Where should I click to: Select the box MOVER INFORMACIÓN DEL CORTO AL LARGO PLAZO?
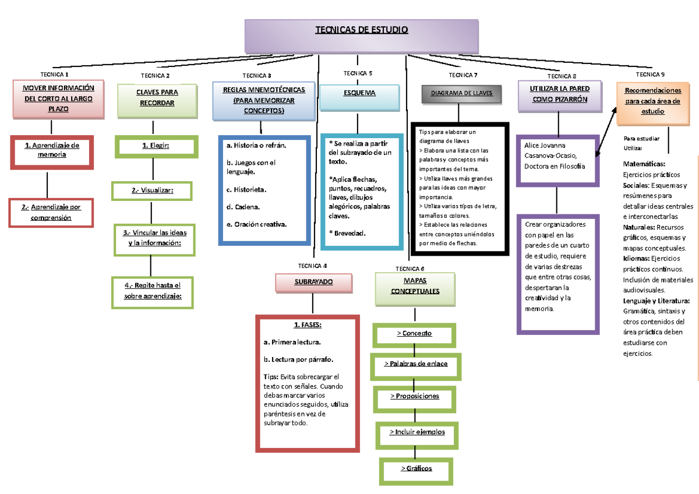pos(58,98)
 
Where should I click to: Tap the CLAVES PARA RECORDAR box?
pos(157,98)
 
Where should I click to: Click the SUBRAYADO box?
pos(313,282)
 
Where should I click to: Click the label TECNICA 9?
pos(650,75)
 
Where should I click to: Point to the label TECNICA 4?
pos(312,265)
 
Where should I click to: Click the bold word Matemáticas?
pos(644,164)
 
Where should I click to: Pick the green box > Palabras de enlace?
pos(415,365)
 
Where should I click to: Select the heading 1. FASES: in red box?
pos(308,325)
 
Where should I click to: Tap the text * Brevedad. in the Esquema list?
pos(347,233)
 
